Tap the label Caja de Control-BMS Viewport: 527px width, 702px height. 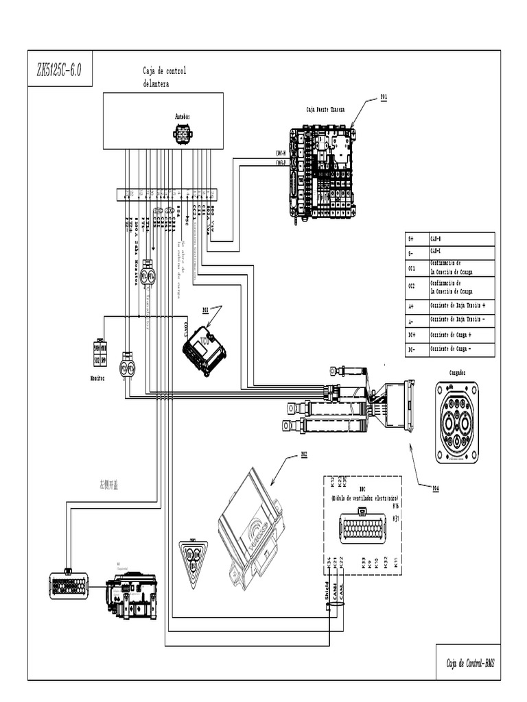(x=469, y=664)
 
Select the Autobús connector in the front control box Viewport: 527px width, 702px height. (x=183, y=134)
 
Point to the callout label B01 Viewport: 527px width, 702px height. (x=384, y=97)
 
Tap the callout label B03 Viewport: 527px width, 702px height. (x=204, y=310)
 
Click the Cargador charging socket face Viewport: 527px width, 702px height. (x=457, y=422)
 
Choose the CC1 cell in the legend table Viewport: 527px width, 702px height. (x=412, y=268)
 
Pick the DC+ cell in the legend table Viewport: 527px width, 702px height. (x=411, y=335)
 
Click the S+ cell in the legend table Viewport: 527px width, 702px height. (x=411, y=239)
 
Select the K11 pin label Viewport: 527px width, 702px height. (x=397, y=564)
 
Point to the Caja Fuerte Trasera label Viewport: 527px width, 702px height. (x=325, y=109)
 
